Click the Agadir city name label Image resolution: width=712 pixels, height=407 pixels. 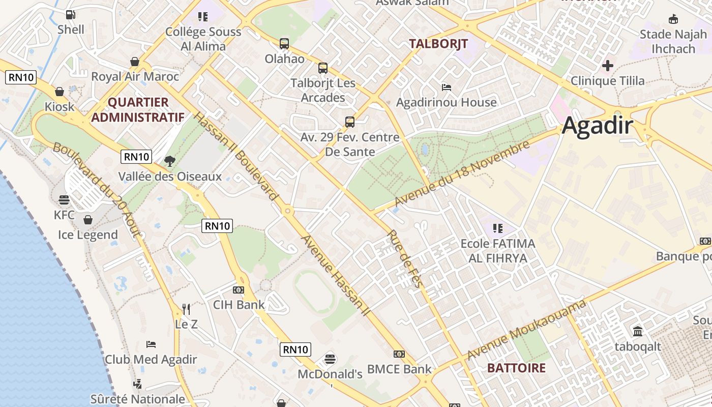pyautogui.click(x=598, y=126)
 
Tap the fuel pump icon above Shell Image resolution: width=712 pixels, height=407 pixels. pyautogui.click(x=71, y=15)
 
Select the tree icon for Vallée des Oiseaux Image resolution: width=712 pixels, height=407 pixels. pyautogui.click(x=169, y=161)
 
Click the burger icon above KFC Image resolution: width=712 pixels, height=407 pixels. pyautogui.click(x=64, y=199)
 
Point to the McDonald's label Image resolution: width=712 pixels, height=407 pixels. pyautogui.click(x=330, y=374)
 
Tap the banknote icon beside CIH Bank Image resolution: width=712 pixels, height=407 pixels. pyautogui.click(x=238, y=290)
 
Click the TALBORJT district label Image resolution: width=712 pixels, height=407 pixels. pyautogui.click(x=438, y=44)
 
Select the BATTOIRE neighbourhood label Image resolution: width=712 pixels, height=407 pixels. pyautogui.click(x=516, y=368)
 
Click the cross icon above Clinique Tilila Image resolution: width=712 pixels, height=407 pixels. pyautogui.click(x=607, y=66)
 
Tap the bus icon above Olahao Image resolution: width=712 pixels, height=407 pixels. pyautogui.click(x=284, y=44)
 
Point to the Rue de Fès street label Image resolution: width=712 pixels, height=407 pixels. pyautogui.click(x=405, y=259)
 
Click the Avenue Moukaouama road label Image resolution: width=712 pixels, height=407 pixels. pyautogui.click(x=526, y=330)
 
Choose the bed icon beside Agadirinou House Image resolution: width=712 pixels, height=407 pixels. pyautogui.click(x=447, y=88)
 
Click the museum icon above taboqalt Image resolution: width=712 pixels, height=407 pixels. pyautogui.click(x=637, y=332)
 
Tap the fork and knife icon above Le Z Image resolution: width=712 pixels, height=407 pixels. pyautogui.click(x=186, y=309)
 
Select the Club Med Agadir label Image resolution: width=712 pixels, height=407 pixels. pyautogui.click(x=151, y=359)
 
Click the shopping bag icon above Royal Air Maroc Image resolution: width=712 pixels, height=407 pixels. pyautogui.click(x=135, y=62)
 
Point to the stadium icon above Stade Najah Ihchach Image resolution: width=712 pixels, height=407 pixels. pyautogui.click(x=673, y=19)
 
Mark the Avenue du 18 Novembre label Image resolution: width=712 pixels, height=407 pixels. pyautogui.click(x=462, y=174)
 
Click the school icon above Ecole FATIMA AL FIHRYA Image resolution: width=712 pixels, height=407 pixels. pyautogui.click(x=497, y=228)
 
